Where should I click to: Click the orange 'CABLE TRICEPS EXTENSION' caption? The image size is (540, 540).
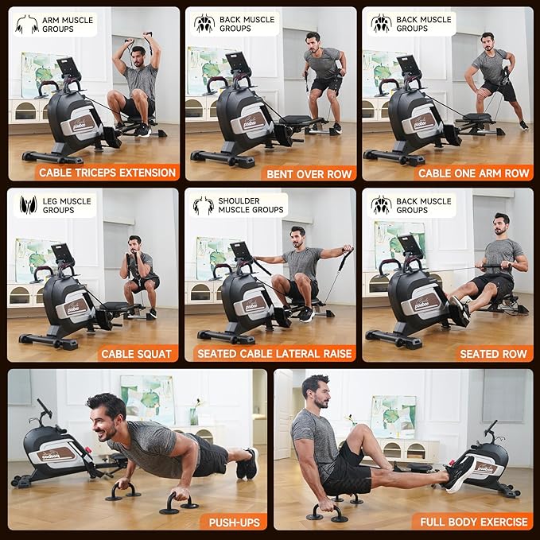[x=107, y=173]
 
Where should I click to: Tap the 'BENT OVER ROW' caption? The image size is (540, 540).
[x=309, y=174]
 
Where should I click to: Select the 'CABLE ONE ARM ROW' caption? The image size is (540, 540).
[x=473, y=173]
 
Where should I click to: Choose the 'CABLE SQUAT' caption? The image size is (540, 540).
[x=136, y=354]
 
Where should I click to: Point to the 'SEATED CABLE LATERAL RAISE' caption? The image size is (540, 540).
[x=274, y=354]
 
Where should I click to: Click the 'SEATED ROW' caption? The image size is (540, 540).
[x=493, y=354]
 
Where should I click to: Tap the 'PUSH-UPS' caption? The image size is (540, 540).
[x=234, y=523]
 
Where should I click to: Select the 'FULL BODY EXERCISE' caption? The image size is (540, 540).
[x=473, y=522]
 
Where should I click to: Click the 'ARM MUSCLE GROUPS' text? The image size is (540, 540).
[x=68, y=25]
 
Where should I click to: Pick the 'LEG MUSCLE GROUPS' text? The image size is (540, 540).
[x=67, y=206]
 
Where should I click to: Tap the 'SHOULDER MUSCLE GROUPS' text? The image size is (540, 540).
[x=251, y=205]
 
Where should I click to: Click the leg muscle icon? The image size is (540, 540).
[x=28, y=205]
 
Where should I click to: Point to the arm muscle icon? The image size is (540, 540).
[x=26, y=24]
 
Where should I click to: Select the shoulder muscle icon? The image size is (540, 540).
[x=203, y=206]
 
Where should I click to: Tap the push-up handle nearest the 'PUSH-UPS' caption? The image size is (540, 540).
[x=179, y=503]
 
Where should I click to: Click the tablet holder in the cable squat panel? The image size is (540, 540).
[x=62, y=252]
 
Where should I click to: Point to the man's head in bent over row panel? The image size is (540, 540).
[x=313, y=42]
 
